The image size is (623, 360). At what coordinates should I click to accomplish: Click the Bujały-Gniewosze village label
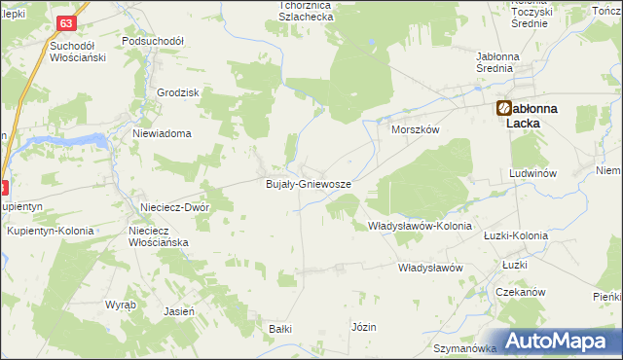tap(309, 183)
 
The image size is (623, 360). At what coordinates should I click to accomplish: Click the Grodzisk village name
tap(178, 92)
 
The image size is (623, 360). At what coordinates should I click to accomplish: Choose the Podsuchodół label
tap(153, 42)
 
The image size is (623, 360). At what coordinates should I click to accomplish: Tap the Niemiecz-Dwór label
tap(175, 206)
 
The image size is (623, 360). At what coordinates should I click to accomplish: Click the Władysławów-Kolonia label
tap(420, 226)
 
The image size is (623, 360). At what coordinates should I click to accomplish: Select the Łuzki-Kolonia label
tap(516, 235)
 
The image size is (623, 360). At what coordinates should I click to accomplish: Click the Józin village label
tap(364, 327)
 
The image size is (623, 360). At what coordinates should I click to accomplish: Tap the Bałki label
tap(280, 329)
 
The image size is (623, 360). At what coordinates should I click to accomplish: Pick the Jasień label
tap(180, 311)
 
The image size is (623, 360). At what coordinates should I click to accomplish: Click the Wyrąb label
tap(121, 305)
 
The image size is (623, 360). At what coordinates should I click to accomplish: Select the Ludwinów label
tap(532, 173)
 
